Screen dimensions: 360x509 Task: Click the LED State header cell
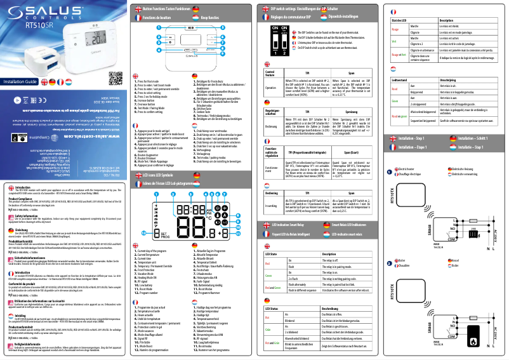(x=271, y=253)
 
